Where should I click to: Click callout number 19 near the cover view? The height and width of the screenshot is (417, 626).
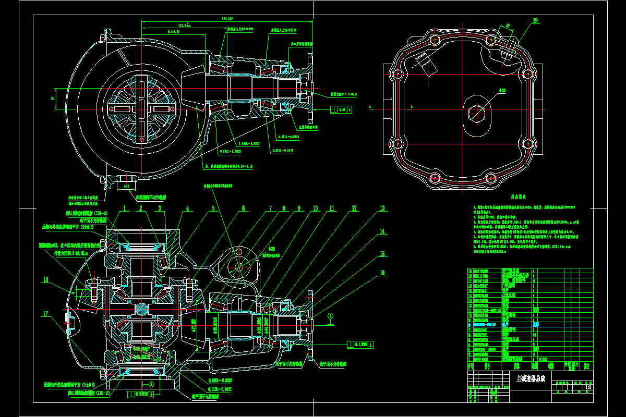click(x=535, y=21)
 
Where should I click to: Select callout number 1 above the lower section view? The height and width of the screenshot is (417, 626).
click(x=125, y=208)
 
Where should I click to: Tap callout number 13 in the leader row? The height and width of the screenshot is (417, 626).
click(x=382, y=208)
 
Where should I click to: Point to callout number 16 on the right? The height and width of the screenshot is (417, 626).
click(x=382, y=272)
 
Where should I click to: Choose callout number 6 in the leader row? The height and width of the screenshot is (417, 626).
click(x=243, y=208)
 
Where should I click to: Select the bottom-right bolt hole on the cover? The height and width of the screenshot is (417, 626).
click(x=528, y=144)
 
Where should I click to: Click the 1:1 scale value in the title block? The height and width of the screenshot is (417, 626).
click(x=588, y=387)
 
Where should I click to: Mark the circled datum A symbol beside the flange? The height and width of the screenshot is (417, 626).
click(x=330, y=315)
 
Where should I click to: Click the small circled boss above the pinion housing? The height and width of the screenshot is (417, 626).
click(x=239, y=266)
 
